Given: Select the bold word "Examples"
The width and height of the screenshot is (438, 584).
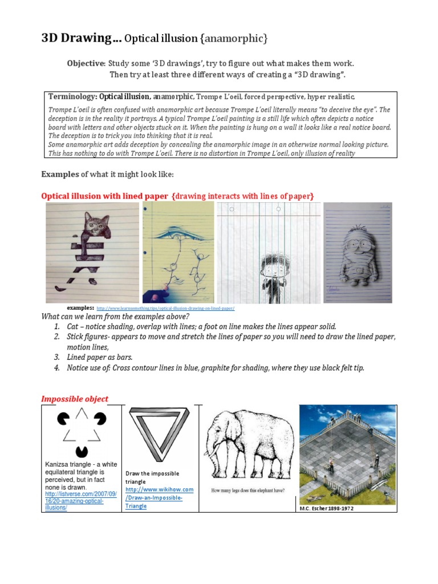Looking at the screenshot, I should click(59, 174).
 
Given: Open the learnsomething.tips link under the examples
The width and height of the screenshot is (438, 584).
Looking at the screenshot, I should click(165, 308).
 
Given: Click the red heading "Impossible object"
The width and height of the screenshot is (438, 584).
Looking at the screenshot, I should click(75, 399).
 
